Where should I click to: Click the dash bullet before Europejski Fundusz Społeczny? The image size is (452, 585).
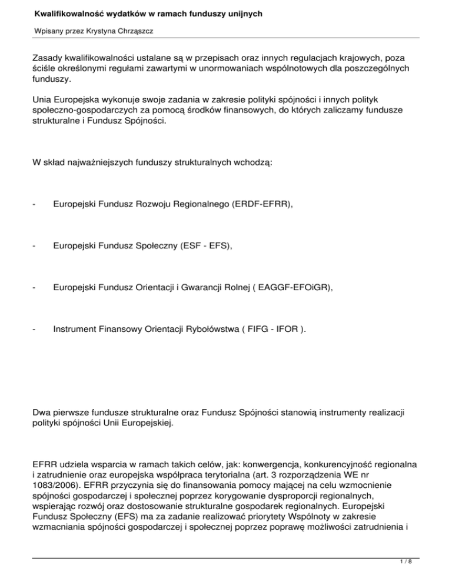point(35,248)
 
